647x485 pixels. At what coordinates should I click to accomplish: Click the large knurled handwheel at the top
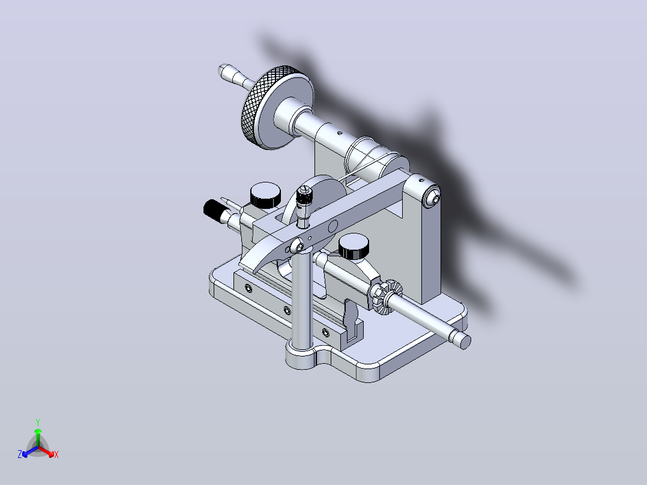point(272,108)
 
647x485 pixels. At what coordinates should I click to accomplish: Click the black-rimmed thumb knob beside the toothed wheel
point(354,247)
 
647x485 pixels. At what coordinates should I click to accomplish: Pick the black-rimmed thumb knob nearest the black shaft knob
point(265,195)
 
